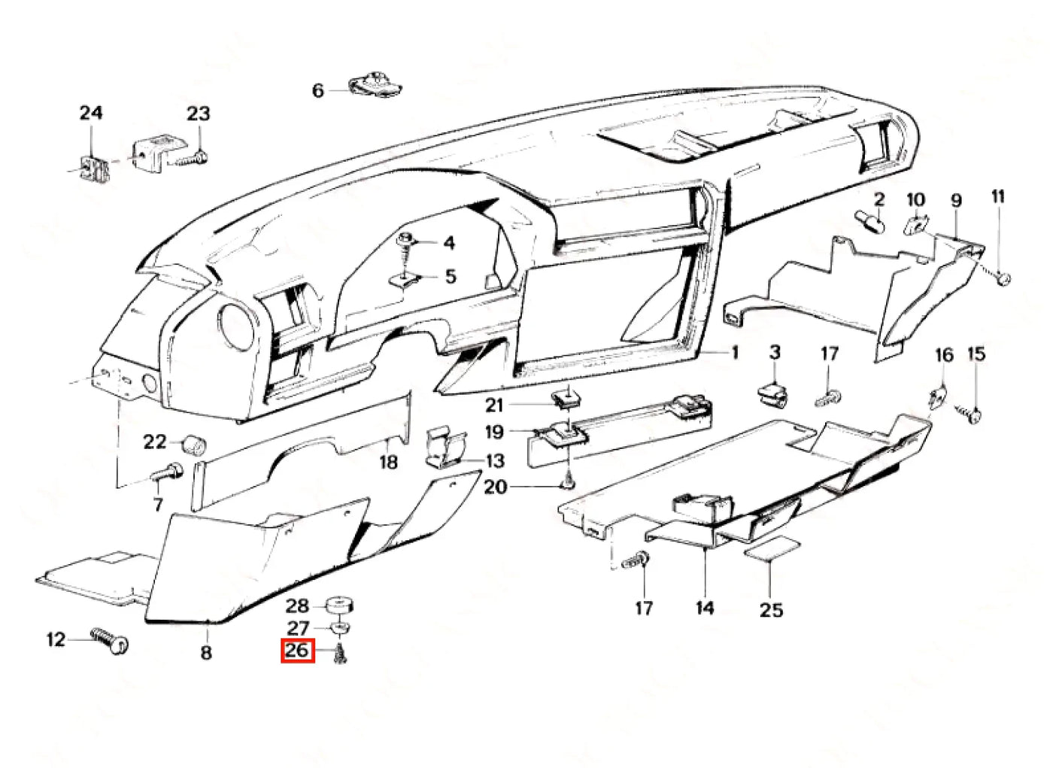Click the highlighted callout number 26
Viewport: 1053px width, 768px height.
click(297, 651)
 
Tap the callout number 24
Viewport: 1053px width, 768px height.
click(91, 113)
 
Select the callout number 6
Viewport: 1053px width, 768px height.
click(318, 90)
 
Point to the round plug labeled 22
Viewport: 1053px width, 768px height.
click(194, 443)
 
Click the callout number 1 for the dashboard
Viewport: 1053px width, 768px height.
click(735, 353)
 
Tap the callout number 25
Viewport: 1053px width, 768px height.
click(771, 610)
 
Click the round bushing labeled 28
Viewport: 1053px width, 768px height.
click(340, 605)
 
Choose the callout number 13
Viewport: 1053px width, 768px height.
click(495, 460)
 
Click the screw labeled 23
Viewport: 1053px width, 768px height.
click(191, 158)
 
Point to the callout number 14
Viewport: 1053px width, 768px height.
click(705, 608)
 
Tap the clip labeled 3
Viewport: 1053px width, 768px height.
click(773, 395)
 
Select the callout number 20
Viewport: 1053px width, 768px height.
click(496, 487)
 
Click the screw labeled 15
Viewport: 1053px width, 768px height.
click(967, 414)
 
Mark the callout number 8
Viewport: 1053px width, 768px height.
click(206, 652)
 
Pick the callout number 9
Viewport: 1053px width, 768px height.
click(956, 201)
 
